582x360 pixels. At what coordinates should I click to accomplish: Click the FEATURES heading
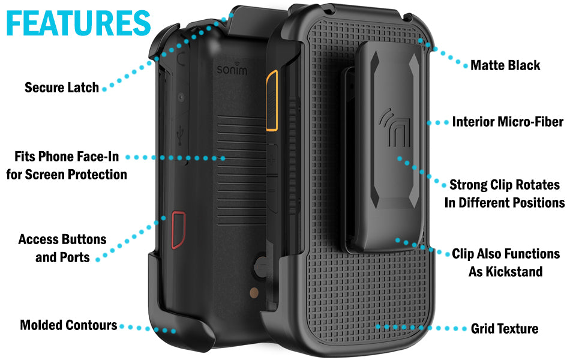79,23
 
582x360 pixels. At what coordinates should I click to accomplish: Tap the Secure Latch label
62,88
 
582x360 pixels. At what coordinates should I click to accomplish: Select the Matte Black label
505,65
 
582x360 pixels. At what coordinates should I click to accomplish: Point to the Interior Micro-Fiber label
508,122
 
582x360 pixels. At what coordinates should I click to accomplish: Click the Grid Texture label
505,328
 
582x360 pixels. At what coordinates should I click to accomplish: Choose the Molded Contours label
68,325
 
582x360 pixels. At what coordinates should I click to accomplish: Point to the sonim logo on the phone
232,68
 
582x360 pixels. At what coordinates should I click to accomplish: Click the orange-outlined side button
272,100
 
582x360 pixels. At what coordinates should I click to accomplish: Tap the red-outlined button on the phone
178,230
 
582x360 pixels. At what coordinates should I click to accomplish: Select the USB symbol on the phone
181,135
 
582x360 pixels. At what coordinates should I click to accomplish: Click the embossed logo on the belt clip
395,127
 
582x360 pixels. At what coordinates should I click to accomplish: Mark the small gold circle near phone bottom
254,293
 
